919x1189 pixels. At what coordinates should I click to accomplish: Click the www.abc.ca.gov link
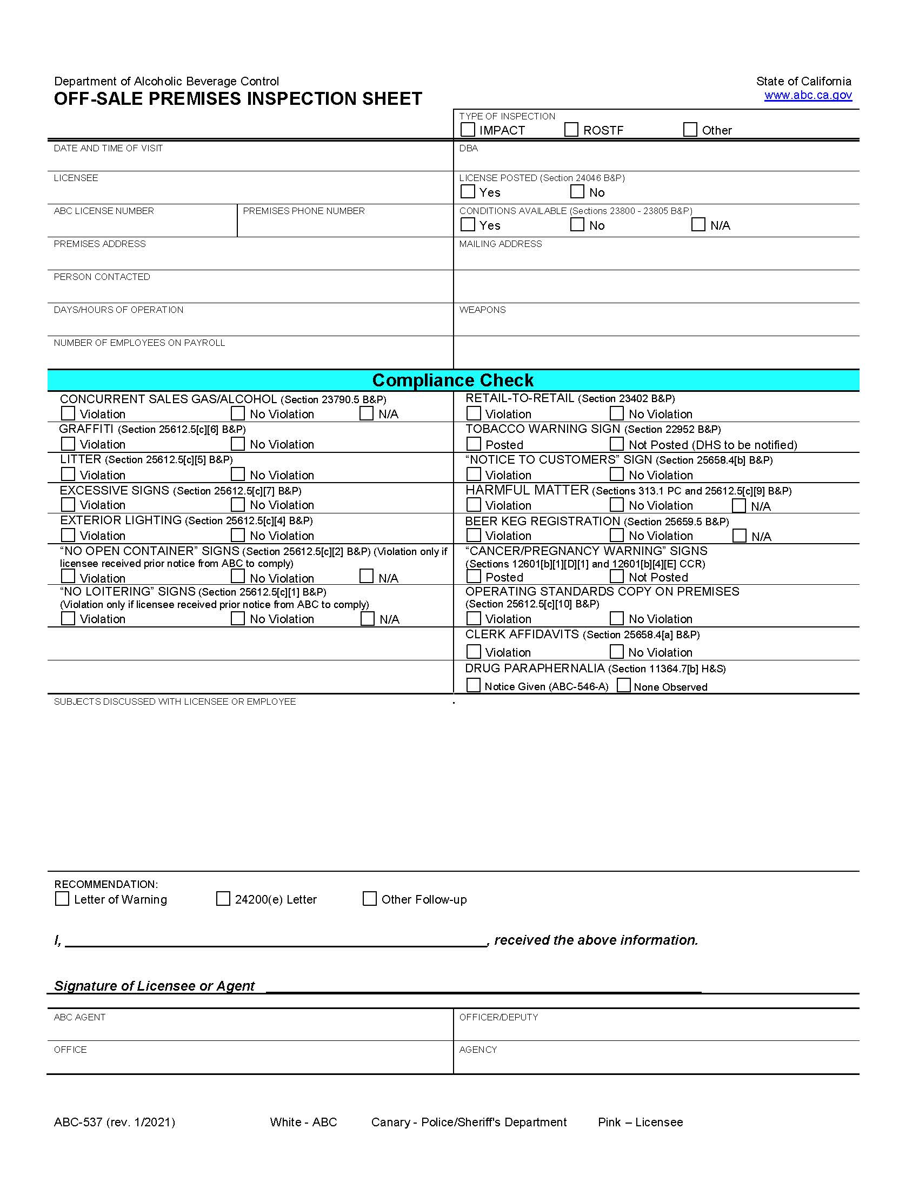pyautogui.click(x=808, y=95)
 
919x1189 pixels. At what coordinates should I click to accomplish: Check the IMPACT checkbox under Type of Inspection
pyautogui.click(x=468, y=130)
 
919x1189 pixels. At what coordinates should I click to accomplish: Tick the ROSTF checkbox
pyautogui.click(x=571, y=130)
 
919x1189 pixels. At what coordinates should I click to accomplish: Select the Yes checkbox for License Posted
pyautogui.click(x=468, y=192)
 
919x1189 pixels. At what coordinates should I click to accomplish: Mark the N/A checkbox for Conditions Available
pyautogui.click(x=698, y=224)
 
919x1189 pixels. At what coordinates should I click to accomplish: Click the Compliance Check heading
pyautogui.click(x=453, y=380)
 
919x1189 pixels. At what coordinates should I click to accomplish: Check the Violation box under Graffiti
pyautogui.click(x=68, y=444)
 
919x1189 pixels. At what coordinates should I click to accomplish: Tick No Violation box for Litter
pyautogui.click(x=238, y=474)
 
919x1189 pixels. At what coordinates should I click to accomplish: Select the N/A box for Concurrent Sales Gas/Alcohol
pyautogui.click(x=367, y=413)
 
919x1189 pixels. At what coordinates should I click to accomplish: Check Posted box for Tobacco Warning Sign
pyautogui.click(x=474, y=444)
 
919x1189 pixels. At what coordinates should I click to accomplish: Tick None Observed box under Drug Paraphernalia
pyautogui.click(x=624, y=685)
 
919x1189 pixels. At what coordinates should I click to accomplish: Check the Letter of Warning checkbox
pyautogui.click(x=62, y=899)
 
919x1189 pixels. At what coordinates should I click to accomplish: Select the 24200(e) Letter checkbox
pyautogui.click(x=223, y=899)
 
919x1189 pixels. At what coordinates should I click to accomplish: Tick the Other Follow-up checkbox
pyautogui.click(x=370, y=899)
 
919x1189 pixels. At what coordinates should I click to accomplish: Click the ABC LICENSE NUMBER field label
pyautogui.click(x=103, y=211)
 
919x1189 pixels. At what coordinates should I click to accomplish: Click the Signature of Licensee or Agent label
pyautogui.click(x=154, y=986)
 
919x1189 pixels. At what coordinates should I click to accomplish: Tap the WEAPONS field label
pyautogui.click(x=482, y=310)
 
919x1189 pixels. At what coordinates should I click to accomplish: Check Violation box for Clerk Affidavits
pyautogui.click(x=474, y=652)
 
